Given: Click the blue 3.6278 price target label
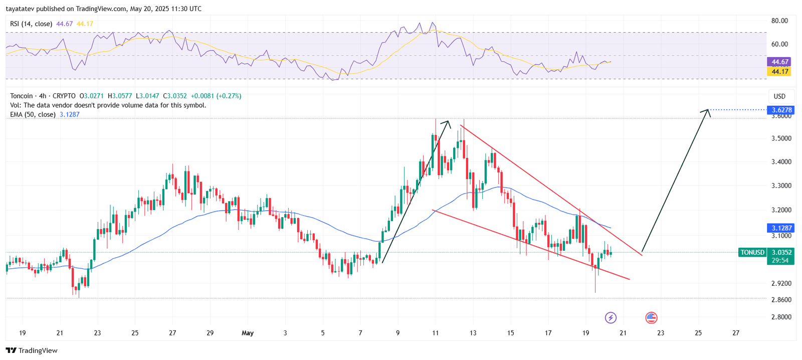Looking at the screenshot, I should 781,110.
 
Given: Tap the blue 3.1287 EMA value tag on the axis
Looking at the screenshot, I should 781,228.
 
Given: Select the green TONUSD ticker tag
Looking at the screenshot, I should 752,253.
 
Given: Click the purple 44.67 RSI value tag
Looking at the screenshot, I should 780,62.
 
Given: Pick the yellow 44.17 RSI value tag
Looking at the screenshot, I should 780,72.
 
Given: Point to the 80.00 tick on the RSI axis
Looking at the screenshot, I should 779,21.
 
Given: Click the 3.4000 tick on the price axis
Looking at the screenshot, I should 781,162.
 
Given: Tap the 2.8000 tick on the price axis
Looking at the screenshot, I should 781,317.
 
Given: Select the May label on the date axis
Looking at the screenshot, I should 248,333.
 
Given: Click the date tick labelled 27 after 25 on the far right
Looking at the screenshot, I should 735,333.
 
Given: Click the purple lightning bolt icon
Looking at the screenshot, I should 611,317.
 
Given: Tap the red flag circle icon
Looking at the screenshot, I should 651,317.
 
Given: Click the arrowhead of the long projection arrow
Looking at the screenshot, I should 708,111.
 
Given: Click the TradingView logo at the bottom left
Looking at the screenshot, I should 32,350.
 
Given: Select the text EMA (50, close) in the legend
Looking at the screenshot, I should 33,114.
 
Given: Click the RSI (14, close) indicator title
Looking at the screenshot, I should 31,24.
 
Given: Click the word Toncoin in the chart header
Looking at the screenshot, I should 22,96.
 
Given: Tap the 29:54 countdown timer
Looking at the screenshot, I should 780,261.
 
